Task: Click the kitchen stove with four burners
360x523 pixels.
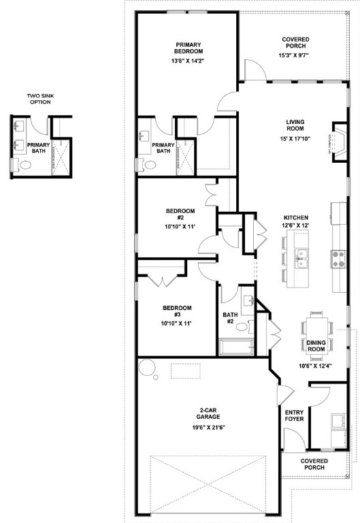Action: tap(338, 257)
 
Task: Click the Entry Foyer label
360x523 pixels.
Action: tap(293, 415)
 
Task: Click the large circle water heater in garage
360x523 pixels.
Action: tap(147, 368)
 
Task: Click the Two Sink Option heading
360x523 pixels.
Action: tap(39, 99)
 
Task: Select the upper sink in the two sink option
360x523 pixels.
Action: tap(18, 126)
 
